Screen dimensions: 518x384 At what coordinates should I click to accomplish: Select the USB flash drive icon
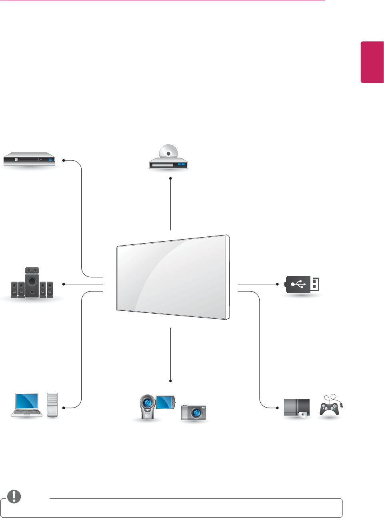coord(302,284)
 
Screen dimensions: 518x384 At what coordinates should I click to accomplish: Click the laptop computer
coord(27,405)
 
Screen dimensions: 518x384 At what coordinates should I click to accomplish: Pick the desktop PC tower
coord(52,405)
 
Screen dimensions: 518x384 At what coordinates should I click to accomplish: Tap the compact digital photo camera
coord(194,412)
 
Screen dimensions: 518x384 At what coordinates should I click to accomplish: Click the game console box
coord(297,408)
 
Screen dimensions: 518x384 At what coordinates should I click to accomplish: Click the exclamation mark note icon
coord(14,496)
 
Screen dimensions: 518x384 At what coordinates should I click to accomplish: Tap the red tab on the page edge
coord(372,62)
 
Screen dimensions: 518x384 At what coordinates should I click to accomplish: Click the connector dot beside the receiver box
coord(64,160)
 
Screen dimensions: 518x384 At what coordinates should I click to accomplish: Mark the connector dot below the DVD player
coord(170,178)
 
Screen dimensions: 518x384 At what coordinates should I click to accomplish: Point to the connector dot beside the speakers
coord(64,284)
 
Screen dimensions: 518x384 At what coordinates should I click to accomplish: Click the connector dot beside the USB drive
coord(277,284)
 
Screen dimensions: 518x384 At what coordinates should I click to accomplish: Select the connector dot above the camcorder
coord(170,381)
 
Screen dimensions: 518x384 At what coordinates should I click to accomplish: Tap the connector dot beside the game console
coord(277,408)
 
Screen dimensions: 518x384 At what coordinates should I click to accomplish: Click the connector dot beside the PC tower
coord(64,408)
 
